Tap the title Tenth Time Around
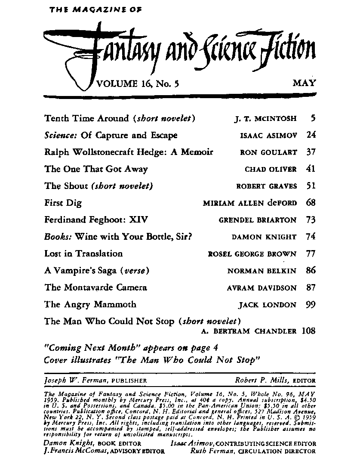click(x=86, y=118)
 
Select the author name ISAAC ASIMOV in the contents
click(x=268, y=136)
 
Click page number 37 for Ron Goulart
click(x=311, y=152)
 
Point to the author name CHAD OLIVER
click(x=271, y=169)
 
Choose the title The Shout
click(x=66, y=186)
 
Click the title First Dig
click(x=63, y=203)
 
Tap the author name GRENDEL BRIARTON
click(x=258, y=220)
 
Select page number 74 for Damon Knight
click(x=311, y=237)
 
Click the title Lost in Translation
click(x=83, y=254)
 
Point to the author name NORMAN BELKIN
click(x=262, y=271)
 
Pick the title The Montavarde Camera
click(x=95, y=288)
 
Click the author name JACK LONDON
click(x=268, y=305)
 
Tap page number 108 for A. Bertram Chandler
click(x=308, y=331)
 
